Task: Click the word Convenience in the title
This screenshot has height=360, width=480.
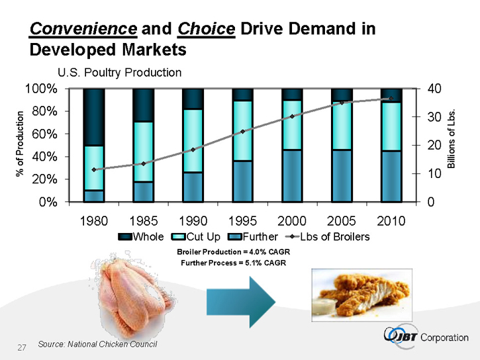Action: coord(83,29)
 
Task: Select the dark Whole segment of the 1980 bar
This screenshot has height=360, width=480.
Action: coord(94,116)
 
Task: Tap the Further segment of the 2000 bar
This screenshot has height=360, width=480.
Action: coord(292,175)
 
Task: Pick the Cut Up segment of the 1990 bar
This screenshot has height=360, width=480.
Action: coord(193,140)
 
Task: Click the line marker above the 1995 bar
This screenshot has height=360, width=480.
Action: coord(242,132)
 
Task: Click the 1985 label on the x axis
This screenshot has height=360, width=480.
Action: coord(143,220)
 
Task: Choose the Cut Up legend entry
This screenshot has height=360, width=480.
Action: coord(196,236)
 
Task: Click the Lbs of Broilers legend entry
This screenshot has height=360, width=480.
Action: coord(328,236)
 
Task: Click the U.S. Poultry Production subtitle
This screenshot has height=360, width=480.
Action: coord(119,72)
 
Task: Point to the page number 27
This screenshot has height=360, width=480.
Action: coord(21,347)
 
